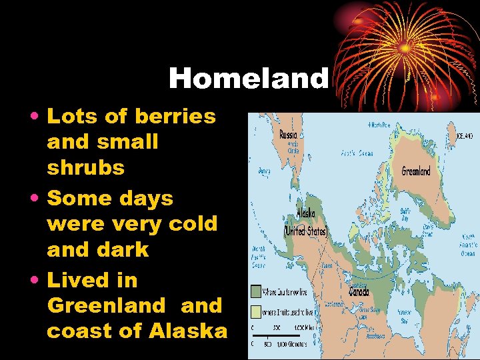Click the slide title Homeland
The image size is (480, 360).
click(x=249, y=79)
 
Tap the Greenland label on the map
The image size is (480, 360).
click(x=415, y=171)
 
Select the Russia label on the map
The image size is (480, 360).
click(x=288, y=134)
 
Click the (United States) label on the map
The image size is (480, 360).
click(x=305, y=231)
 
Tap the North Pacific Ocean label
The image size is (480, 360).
click(x=259, y=257)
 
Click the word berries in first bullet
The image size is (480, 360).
click(x=175, y=116)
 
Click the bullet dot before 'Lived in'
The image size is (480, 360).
click(x=35, y=281)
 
